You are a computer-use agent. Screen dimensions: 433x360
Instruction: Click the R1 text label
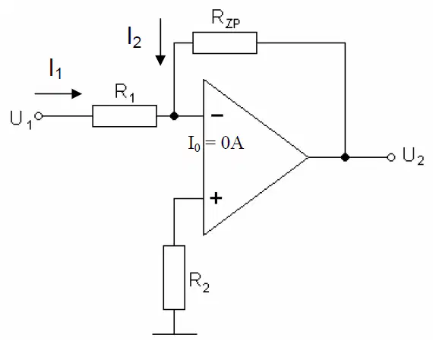pyautogui.click(x=125, y=93)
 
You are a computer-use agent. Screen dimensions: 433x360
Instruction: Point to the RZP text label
pyautogui.click(x=226, y=19)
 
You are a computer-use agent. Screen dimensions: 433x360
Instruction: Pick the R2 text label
pyautogui.click(x=199, y=282)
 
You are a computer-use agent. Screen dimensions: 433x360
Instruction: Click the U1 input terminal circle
pyautogui.click(x=39, y=116)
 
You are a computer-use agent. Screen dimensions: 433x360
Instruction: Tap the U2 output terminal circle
pyautogui.click(x=391, y=157)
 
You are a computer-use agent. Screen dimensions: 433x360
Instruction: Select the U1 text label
pyautogui.click(x=21, y=119)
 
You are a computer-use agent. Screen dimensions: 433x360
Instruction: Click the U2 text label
pyautogui.click(x=413, y=156)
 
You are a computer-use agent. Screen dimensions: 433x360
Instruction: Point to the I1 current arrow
pyautogui.click(x=58, y=94)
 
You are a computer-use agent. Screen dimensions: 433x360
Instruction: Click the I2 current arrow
pyautogui.click(x=160, y=42)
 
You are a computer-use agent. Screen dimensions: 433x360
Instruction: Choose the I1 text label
pyautogui.click(x=55, y=69)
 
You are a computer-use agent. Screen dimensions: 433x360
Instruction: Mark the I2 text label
pyautogui.click(x=134, y=37)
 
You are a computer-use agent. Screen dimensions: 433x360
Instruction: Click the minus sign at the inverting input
pyautogui.click(x=217, y=115)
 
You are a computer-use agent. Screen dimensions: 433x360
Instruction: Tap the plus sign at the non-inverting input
pyautogui.click(x=216, y=198)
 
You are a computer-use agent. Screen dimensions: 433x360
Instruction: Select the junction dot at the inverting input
pyautogui.click(x=174, y=116)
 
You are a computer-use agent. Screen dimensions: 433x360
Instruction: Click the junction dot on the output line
pyautogui.click(x=345, y=157)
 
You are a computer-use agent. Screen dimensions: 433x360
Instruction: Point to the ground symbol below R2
pyautogui.click(x=175, y=334)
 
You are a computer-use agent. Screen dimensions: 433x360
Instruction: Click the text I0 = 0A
pyautogui.click(x=216, y=144)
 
